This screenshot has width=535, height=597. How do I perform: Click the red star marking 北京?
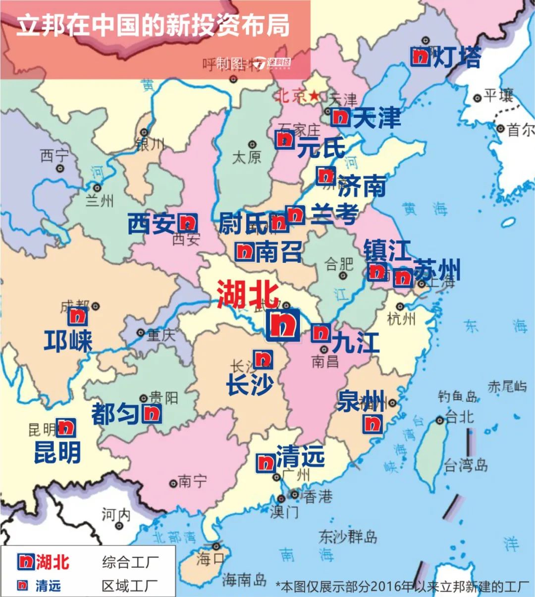[x=314, y=95]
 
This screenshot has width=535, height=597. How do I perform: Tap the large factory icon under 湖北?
[x=283, y=325]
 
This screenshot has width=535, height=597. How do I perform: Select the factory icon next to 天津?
[x=340, y=117]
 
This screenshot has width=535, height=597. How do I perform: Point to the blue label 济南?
[x=362, y=187]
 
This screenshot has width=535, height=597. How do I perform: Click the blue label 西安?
[x=152, y=223]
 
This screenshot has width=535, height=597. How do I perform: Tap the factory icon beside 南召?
[x=245, y=252]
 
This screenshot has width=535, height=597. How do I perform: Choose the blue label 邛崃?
[x=68, y=341]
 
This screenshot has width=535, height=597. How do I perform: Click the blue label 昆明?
[x=57, y=452]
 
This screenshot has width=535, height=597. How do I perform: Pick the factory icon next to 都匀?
[x=152, y=413]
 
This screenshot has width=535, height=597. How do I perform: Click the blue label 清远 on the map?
[x=300, y=456]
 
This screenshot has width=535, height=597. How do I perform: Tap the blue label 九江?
[x=356, y=343]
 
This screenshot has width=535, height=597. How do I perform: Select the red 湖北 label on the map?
[x=248, y=294]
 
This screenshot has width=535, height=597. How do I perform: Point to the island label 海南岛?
[x=244, y=580]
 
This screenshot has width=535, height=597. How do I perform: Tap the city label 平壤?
[x=498, y=96]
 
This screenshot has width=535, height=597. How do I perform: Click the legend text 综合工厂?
[x=130, y=562]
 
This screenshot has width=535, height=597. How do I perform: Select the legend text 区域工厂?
[x=130, y=586]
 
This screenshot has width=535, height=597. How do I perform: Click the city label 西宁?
[x=54, y=156]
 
